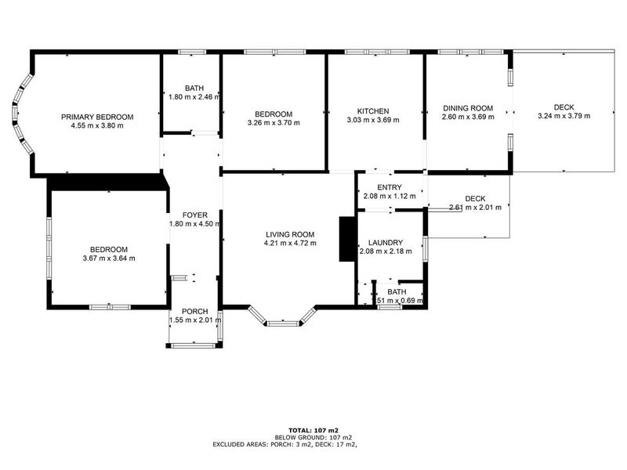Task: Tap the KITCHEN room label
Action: click(373, 111)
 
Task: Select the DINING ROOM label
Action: click(468, 108)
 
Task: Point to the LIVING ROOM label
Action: click(290, 234)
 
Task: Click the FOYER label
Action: click(195, 215)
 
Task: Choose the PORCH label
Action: click(195, 312)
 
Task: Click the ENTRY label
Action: click(390, 187)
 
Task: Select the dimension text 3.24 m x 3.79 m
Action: click(564, 116)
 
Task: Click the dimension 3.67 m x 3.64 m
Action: click(109, 258)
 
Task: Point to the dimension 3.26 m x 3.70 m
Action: click(274, 122)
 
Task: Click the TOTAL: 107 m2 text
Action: click(313, 430)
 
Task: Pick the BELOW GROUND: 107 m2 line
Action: click(313, 437)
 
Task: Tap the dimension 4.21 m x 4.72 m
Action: click(290, 243)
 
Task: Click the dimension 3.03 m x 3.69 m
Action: click(373, 120)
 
